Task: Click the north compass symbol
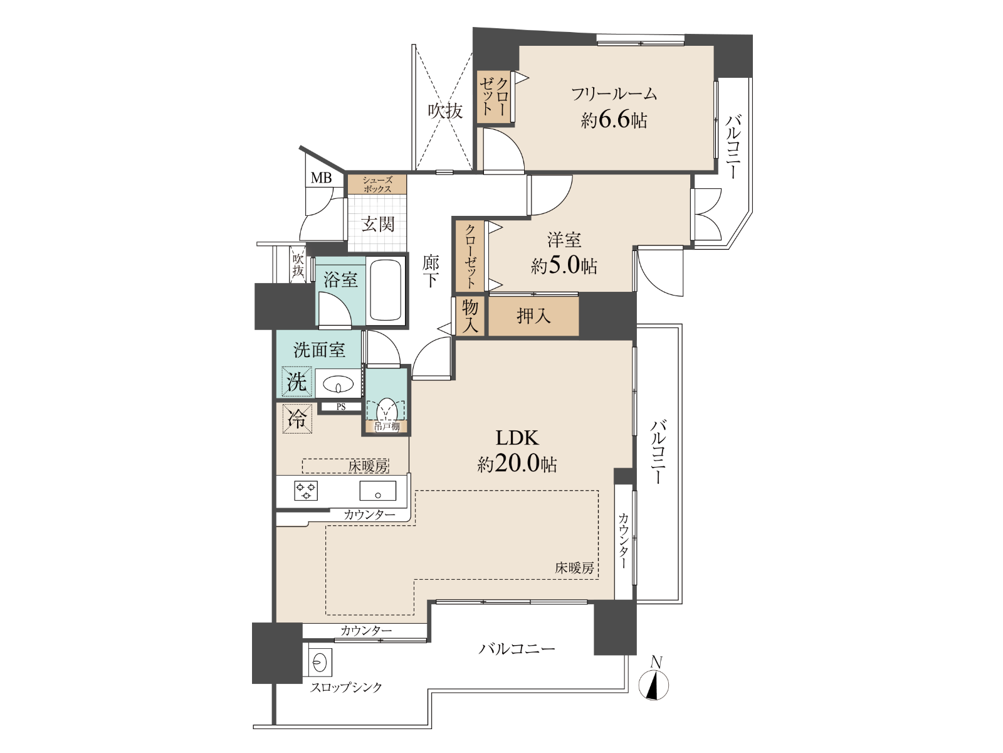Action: click(x=655, y=684)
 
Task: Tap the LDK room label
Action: click(x=517, y=438)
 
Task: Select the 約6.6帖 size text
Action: click(x=614, y=120)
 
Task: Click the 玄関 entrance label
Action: click(x=377, y=224)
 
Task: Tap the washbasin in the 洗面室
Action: click(x=338, y=383)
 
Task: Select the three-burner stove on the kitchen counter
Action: click(x=306, y=491)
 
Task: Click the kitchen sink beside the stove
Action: click(x=377, y=491)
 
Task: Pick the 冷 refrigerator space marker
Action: click(x=297, y=419)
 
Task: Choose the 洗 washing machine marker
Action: click(x=297, y=382)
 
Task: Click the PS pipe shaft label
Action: click(x=341, y=407)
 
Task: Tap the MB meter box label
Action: click(x=321, y=178)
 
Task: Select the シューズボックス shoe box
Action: click(x=377, y=184)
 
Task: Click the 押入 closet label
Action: click(x=533, y=316)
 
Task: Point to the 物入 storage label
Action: click(x=470, y=316)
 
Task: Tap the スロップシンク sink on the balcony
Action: click(x=318, y=661)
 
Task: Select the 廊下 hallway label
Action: click(x=431, y=272)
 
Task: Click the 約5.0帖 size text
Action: click(x=564, y=265)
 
